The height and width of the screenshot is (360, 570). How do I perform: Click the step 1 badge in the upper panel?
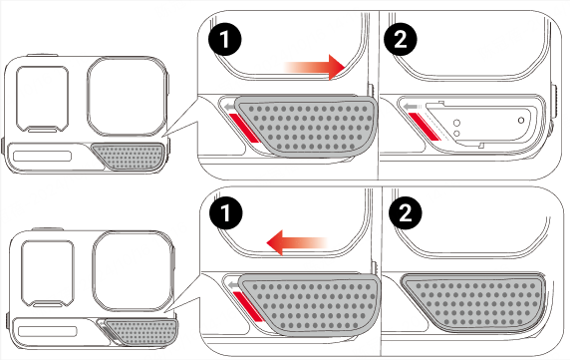click(x=225, y=39)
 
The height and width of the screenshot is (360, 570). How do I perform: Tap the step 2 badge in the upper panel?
click(x=400, y=39)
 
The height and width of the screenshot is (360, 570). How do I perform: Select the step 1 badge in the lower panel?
click(x=226, y=212)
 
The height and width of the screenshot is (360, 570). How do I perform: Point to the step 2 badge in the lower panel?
click(x=406, y=212)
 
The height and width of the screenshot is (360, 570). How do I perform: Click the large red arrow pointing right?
click(x=315, y=67)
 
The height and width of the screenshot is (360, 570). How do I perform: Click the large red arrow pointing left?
click(x=297, y=242)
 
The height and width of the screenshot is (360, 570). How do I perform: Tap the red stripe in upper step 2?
click(x=424, y=126)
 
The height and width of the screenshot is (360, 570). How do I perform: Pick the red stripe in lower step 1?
click(x=248, y=306)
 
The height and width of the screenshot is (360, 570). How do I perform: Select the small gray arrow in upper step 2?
click(x=411, y=106)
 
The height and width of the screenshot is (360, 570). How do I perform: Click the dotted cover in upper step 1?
click(x=306, y=127)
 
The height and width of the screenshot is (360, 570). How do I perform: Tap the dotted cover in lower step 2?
click(x=473, y=302)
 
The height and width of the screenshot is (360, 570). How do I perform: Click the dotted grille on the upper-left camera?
click(x=128, y=157)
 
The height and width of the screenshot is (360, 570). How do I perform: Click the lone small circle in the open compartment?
click(x=521, y=120)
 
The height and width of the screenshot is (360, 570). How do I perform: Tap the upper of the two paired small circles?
click(x=457, y=123)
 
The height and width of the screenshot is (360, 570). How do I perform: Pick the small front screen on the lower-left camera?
click(x=48, y=272)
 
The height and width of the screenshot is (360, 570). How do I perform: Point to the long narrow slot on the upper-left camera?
click(x=43, y=156)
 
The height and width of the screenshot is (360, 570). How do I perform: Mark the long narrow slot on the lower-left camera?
click(x=48, y=331)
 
